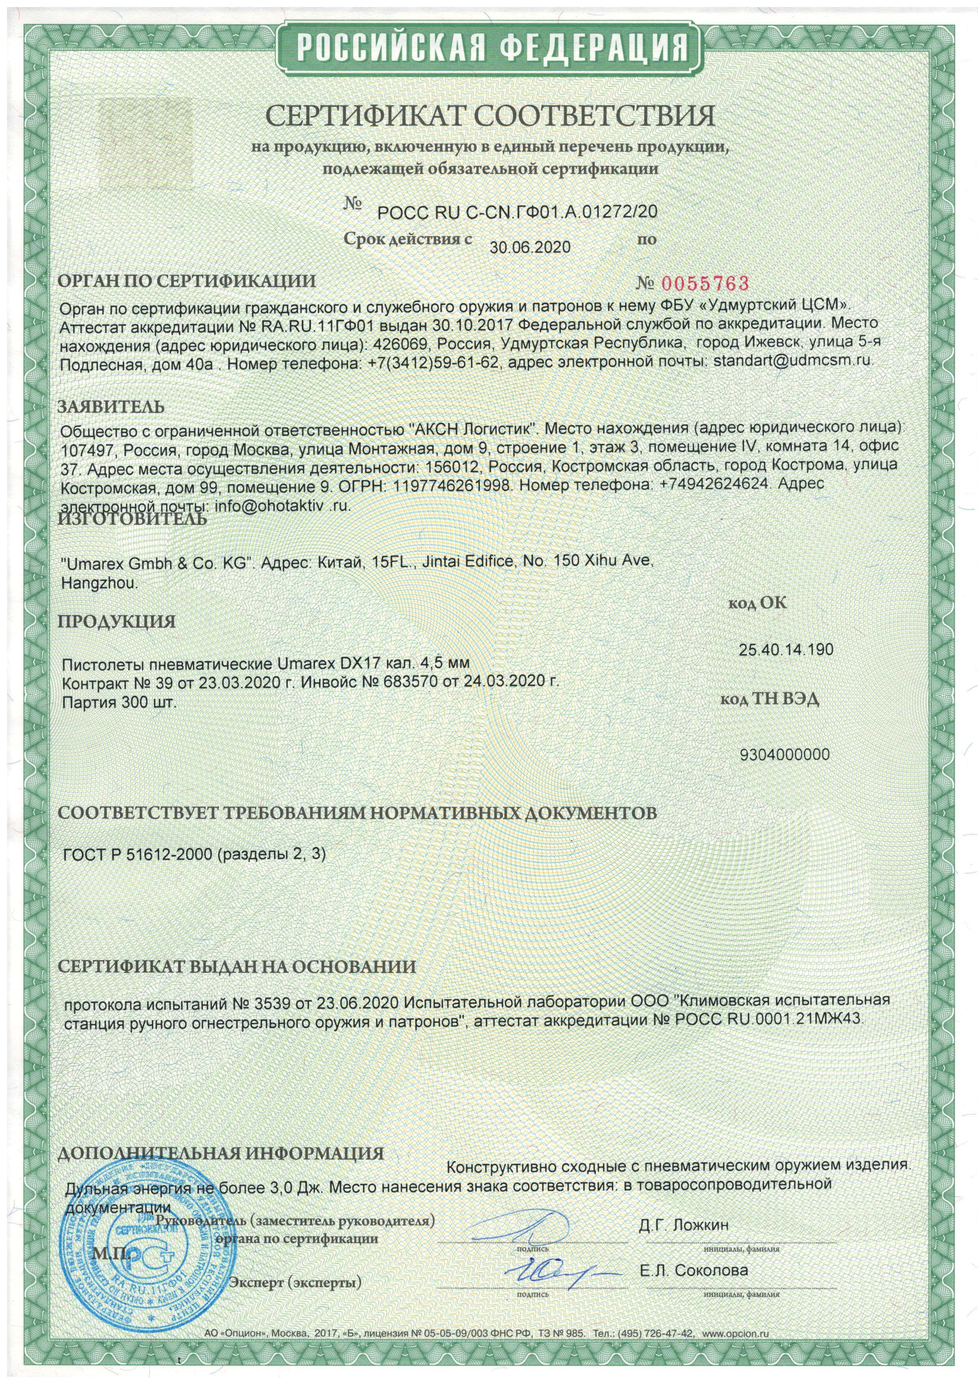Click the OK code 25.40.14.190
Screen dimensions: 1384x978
[x=786, y=650]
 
